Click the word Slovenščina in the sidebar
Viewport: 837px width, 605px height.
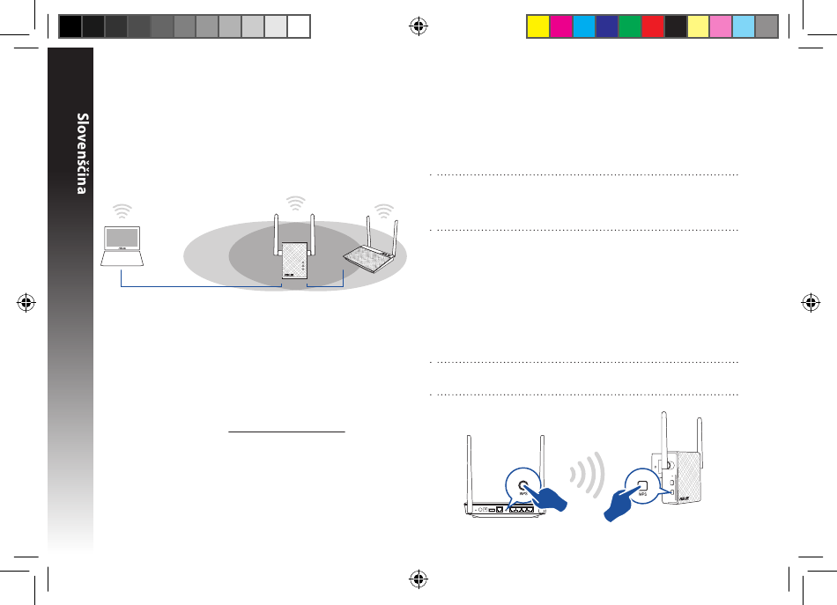pos(82,153)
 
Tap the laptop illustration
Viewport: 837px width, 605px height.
pos(122,246)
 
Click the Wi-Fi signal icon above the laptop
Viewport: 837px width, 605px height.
pos(122,210)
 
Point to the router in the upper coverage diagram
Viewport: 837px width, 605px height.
pos(372,245)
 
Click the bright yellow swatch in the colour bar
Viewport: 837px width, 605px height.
pos(538,26)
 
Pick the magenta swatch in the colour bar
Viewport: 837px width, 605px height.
pos(561,26)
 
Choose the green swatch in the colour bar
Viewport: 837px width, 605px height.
pos(630,26)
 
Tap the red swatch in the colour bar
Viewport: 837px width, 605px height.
pos(653,26)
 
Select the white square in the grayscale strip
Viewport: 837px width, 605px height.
pos(299,26)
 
